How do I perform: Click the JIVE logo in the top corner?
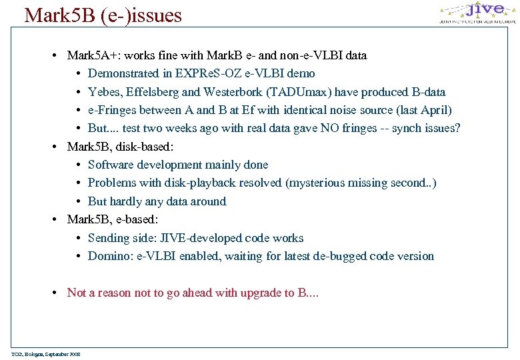(x=476, y=13)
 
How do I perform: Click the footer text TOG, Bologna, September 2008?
(x=46, y=353)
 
